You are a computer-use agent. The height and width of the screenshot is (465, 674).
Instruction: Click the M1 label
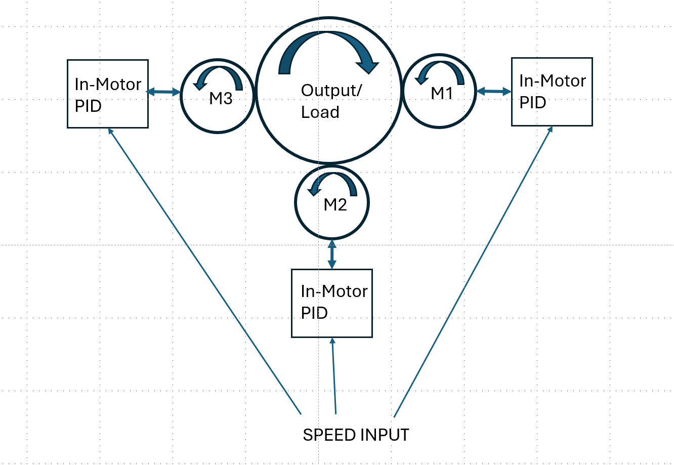(442, 93)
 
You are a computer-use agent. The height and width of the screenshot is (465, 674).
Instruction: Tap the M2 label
(335, 205)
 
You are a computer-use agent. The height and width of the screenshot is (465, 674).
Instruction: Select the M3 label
(221, 99)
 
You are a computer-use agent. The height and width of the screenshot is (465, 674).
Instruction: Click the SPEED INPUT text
(356, 435)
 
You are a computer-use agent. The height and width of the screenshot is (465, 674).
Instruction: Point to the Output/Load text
(331, 101)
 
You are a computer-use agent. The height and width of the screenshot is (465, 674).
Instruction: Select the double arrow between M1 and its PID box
(494, 92)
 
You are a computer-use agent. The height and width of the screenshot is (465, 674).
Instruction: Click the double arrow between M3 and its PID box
(163, 92)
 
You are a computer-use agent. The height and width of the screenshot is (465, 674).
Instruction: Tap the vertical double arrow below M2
(332, 254)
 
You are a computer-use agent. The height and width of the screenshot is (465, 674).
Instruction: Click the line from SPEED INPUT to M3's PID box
(204, 272)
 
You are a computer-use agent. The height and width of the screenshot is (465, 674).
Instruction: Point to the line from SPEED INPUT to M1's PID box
(473, 272)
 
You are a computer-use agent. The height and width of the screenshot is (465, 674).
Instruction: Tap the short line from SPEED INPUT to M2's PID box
(334, 376)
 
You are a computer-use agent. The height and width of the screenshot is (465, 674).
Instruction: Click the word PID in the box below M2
(314, 313)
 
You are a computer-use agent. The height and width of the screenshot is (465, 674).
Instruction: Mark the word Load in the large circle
(320, 112)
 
